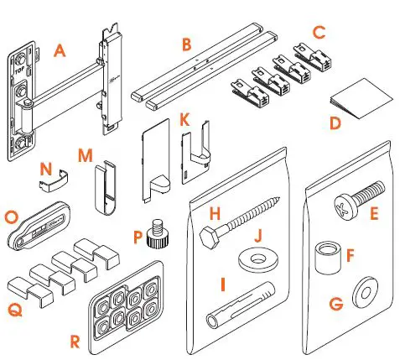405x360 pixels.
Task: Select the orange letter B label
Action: click(x=185, y=43)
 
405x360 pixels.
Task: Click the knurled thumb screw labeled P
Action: click(x=153, y=232)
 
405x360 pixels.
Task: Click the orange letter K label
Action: click(x=185, y=121)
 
